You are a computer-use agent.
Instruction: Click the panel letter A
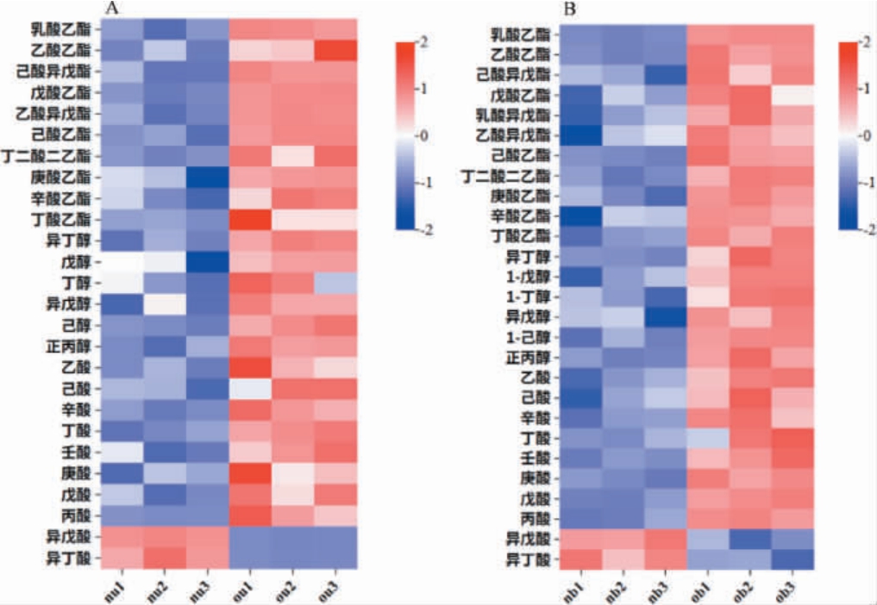[x=112, y=9]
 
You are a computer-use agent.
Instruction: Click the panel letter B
[x=569, y=9]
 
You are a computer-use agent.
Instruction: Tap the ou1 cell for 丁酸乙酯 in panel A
[x=250, y=220]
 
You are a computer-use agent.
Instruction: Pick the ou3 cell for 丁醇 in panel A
[x=335, y=283]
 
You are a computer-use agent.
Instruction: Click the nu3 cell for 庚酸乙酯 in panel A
[x=208, y=178]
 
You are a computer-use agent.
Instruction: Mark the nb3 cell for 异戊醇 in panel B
[x=666, y=315]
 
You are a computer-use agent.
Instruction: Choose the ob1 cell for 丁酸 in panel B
[x=708, y=439]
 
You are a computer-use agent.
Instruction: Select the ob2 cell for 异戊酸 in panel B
[x=750, y=540]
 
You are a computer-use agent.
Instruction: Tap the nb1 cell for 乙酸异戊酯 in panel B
[x=581, y=135]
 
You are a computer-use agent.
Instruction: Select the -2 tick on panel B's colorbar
[x=865, y=228]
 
